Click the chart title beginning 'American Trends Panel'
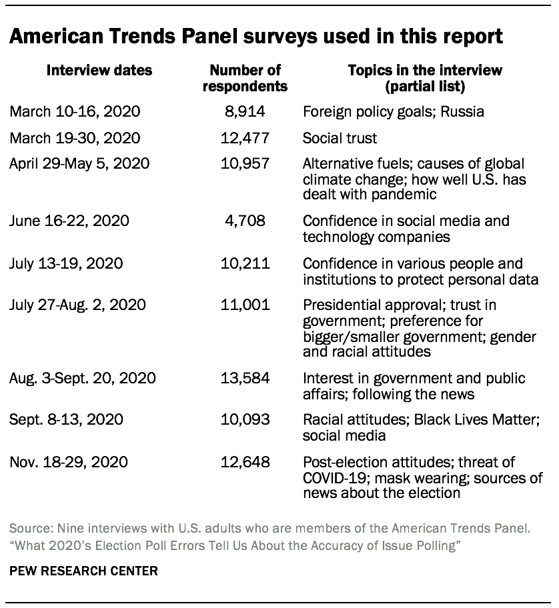256,36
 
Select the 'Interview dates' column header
99,70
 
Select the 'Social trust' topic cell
340,138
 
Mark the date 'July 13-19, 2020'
66,263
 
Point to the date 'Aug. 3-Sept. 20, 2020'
83,379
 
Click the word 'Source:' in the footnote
29,529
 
